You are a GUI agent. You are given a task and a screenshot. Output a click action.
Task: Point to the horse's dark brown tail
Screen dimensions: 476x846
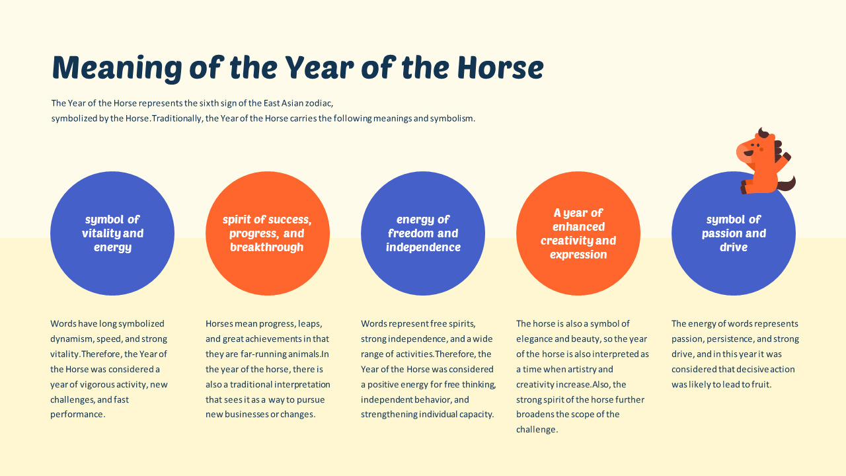click(788, 184)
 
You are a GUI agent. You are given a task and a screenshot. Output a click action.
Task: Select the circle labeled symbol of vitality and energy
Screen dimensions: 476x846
click(112, 233)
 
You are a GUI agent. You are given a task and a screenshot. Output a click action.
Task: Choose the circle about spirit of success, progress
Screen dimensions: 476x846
click(267, 233)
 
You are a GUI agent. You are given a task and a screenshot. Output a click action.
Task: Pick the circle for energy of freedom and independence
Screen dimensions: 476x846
click(423, 233)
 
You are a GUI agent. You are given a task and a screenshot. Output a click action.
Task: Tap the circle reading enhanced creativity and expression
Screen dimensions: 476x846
click(578, 233)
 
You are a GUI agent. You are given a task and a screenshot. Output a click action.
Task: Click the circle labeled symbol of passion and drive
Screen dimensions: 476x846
click(734, 233)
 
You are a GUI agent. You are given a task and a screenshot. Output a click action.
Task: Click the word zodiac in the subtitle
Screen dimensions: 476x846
click(309, 103)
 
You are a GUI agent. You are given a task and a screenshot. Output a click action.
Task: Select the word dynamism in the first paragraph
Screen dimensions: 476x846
click(71, 339)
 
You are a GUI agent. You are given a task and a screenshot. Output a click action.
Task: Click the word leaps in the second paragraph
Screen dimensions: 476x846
click(309, 324)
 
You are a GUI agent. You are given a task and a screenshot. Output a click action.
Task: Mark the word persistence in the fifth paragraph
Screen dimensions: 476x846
click(727, 339)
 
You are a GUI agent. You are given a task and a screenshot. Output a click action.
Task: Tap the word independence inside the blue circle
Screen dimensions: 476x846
click(423, 247)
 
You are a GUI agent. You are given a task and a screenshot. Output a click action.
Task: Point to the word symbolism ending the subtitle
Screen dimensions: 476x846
click(452, 119)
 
